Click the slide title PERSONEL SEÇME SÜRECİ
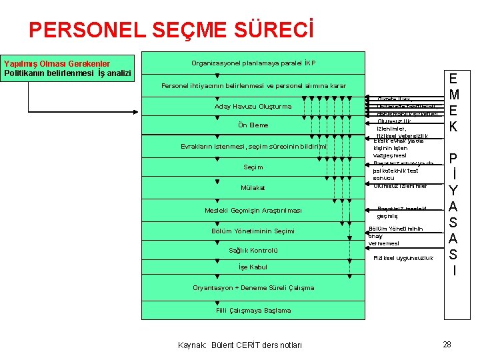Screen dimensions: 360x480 coord(171,29)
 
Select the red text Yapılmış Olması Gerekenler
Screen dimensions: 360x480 coord(57,64)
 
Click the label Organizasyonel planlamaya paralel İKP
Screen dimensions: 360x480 coord(253,63)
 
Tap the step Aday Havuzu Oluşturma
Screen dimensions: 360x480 coord(253,107)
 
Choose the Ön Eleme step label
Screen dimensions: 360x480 coord(253,125)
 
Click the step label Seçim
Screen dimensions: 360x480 coord(253,167)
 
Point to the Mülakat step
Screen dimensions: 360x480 coord(253,188)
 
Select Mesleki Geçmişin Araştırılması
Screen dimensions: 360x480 coord(253,211)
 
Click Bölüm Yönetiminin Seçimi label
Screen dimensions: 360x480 coord(253,231)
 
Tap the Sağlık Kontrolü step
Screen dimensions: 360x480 coord(253,251)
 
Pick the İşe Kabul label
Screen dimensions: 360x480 coord(253,267)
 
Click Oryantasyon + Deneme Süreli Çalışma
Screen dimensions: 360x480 coord(253,288)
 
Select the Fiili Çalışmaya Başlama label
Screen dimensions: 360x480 coord(253,310)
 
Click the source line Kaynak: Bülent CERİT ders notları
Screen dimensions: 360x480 coord(240,345)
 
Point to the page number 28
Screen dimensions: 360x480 coord(447,344)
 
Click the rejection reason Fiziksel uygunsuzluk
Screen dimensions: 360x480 coord(403,258)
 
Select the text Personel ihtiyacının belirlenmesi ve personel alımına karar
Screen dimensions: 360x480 coord(253,86)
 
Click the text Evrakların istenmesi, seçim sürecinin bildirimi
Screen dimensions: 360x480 coord(253,147)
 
